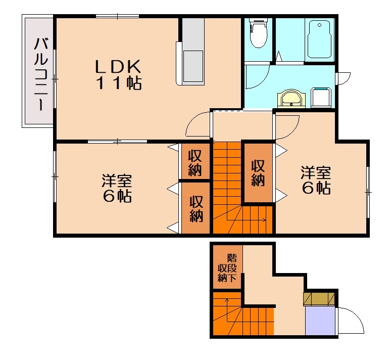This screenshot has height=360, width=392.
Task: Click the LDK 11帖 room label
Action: [119, 75]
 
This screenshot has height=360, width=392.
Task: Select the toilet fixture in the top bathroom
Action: [259, 34]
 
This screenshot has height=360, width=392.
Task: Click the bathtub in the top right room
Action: [319, 40]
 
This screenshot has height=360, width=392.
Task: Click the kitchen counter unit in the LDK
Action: [192, 56]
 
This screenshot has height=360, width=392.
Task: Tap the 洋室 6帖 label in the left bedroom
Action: [117, 188]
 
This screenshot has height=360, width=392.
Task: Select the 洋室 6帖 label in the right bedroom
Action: [316, 180]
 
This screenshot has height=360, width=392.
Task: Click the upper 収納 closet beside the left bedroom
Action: [195, 162]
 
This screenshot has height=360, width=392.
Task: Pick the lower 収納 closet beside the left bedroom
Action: [196, 208]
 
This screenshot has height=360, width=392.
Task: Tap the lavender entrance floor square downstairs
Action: [320, 321]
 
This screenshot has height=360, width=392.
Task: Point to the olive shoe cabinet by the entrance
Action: [319, 299]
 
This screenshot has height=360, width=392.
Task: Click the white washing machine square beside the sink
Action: [321, 97]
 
